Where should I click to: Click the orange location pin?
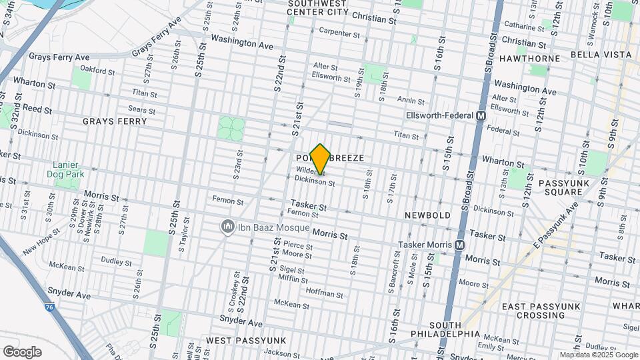[x=321, y=158]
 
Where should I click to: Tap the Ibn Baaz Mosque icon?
[x=228, y=227]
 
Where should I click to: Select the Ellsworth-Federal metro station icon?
[x=480, y=115]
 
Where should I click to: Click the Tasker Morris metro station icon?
[x=459, y=245]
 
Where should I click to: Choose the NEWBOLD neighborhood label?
[x=427, y=215]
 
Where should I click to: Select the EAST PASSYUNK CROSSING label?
[x=534, y=311]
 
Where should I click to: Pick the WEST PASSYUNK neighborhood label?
[x=246, y=341]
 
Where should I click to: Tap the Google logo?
[x=22, y=351]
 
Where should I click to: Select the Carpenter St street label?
[x=339, y=31]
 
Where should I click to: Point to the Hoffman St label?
[x=324, y=291]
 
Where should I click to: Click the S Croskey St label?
[x=236, y=287]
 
